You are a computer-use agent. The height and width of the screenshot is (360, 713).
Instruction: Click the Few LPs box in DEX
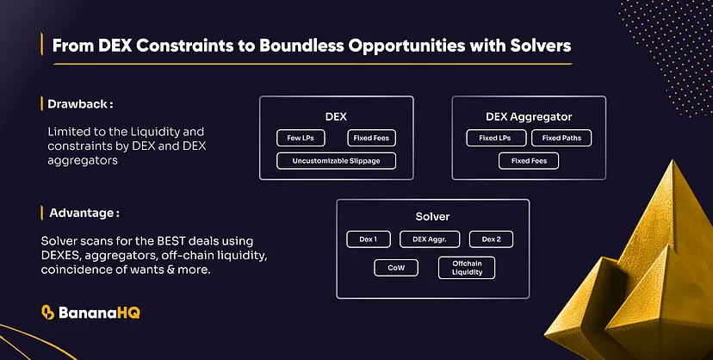(x=301, y=138)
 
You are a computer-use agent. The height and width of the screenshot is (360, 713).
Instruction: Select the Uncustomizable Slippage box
(x=336, y=160)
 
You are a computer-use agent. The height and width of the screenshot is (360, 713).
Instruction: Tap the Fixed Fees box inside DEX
(x=371, y=138)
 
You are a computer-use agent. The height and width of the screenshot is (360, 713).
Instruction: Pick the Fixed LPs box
(x=496, y=138)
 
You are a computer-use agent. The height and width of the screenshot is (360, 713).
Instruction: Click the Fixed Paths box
(x=561, y=138)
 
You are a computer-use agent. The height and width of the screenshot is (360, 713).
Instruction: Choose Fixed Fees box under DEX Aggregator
(x=528, y=160)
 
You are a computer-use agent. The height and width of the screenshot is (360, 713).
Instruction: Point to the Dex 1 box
(x=368, y=239)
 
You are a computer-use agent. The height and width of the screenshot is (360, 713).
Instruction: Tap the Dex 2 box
(x=492, y=239)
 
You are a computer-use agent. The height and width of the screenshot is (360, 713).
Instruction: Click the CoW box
(x=396, y=268)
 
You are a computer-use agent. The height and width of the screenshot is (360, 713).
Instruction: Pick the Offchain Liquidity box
(x=467, y=268)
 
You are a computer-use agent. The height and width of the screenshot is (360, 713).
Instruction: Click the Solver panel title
(x=432, y=215)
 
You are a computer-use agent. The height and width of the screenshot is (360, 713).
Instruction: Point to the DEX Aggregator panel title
(x=528, y=115)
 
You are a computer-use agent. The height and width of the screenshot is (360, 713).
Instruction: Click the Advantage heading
(x=84, y=212)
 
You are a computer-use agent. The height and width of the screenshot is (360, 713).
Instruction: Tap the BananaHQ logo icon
(x=48, y=313)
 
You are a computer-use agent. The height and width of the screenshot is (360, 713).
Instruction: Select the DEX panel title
(x=336, y=115)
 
